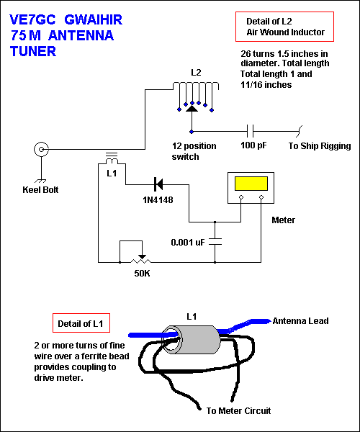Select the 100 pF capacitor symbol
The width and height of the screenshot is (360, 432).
click(x=250, y=132)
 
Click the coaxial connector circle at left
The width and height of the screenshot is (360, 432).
click(x=42, y=150)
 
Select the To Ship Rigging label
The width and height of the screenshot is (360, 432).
click(x=320, y=146)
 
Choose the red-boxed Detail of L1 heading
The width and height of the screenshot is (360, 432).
click(x=82, y=323)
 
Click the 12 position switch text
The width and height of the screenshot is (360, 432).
click(x=196, y=150)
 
